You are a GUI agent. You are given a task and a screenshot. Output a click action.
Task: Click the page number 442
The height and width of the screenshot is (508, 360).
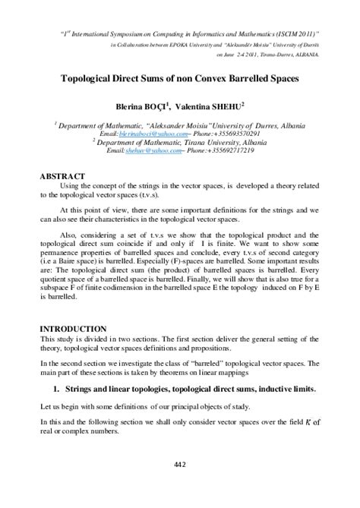pos(180,465)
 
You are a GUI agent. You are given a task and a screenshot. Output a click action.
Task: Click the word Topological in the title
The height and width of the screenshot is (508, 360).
pos(91,77)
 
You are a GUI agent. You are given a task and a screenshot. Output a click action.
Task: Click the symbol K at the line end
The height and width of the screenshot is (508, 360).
pos(306,422)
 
